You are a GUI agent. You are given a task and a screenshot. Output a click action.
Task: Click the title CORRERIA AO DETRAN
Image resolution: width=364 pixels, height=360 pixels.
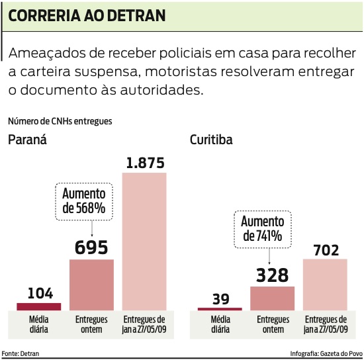(87, 15)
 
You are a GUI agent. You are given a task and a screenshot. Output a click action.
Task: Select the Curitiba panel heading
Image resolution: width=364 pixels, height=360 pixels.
(211, 140)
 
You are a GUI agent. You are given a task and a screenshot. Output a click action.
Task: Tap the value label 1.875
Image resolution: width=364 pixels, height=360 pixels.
(144, 163)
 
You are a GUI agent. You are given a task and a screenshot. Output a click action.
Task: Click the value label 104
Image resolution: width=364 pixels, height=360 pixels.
(39, 294)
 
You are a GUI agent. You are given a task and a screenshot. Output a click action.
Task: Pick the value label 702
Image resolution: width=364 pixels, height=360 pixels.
(325, 249)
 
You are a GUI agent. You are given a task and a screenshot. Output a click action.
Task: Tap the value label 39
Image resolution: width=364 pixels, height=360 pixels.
(220, 298)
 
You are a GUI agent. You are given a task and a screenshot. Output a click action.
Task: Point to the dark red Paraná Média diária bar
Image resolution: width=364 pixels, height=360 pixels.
(39, 306)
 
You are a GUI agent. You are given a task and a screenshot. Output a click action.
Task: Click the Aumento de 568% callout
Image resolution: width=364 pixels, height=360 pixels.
(83, 201)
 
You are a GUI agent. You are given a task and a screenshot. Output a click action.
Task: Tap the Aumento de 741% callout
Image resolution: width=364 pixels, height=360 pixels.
(263, 228)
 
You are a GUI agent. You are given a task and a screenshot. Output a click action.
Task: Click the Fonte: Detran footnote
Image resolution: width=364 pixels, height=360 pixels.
(21, 353)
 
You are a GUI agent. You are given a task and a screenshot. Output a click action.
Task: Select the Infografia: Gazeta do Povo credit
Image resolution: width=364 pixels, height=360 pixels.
(326, 353)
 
